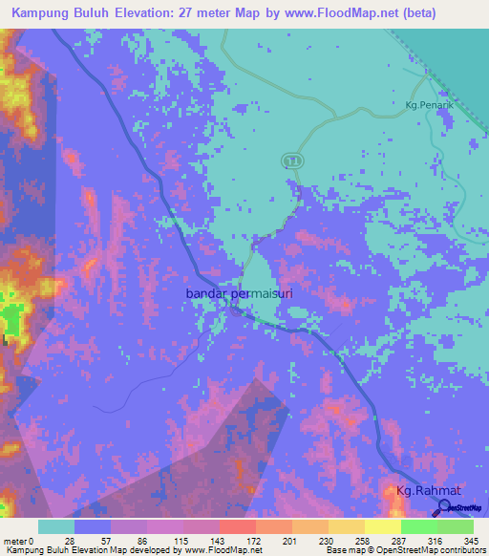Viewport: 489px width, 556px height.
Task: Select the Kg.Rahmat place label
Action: pos(429,491)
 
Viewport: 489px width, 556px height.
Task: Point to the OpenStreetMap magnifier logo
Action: pos(445,510)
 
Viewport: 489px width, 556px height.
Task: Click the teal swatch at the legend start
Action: pos(56,527)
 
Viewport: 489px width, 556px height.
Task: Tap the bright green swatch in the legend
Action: pos(418,527)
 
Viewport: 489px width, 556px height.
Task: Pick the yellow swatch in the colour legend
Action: pos(382,527)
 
